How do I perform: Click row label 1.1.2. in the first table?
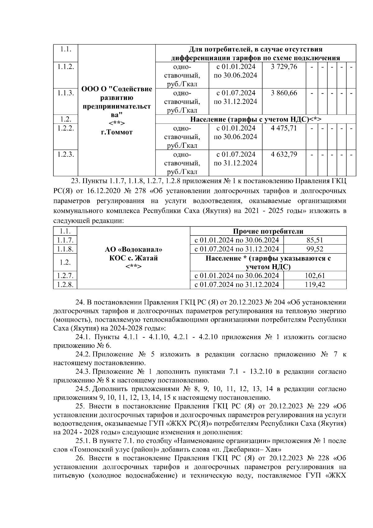tap(66, 67)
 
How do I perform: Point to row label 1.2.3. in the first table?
tap(66, 154)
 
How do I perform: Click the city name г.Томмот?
tap(117, 132)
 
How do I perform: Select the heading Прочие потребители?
tap(268, 231)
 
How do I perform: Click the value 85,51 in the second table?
tap(315, 240)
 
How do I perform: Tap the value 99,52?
tap(315, 249)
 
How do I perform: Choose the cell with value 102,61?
tap(315, 275)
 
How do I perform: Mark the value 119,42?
tap(315, 284)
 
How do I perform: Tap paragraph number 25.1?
tap(83, 441)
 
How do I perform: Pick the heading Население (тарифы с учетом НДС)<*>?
tap(256, 119)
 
